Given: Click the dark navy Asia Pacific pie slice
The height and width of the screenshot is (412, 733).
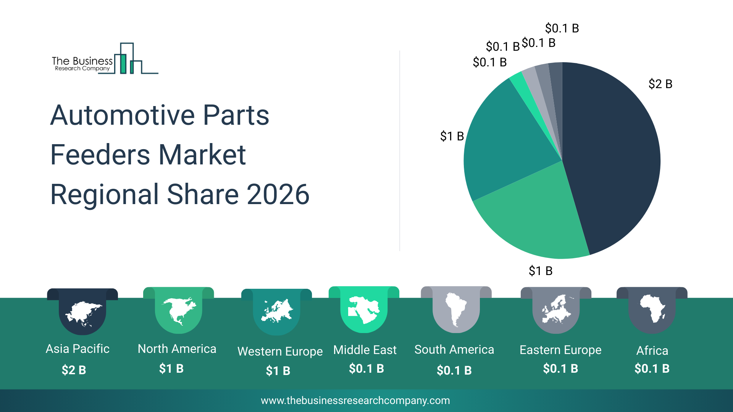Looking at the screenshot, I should click(611, 153).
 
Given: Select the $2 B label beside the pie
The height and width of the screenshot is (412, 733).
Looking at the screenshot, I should click(660, 84).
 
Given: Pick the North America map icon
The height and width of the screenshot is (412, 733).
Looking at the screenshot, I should click(179, 311).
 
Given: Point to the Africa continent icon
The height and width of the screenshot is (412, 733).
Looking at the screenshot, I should click(652, 308).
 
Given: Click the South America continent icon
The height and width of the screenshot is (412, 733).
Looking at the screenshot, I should click(456, 309).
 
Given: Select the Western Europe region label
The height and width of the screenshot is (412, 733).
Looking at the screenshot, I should click(280, 351).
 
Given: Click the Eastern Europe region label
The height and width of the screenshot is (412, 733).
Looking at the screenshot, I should click(560, 350).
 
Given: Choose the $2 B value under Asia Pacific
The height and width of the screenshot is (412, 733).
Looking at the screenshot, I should click(74, 370).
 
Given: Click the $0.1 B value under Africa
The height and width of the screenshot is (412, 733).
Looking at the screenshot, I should click(652, 369).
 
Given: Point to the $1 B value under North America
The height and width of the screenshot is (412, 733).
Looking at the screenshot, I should click(171, 369).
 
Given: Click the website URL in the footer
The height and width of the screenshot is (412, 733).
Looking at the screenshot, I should click(355, 401).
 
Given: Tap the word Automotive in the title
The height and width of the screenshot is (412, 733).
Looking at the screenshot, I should click(123, 115).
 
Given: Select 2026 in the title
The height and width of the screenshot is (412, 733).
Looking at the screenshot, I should click(278, 195).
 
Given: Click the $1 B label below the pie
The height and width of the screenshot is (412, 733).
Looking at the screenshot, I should click(540, 271).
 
